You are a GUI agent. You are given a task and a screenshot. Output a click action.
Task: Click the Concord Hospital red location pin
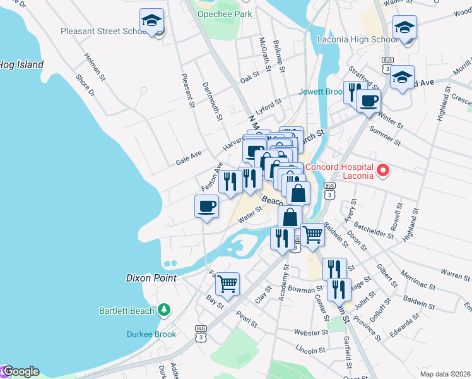tap(382, 171)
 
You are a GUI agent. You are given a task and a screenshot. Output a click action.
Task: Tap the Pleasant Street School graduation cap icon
tap(151, 21)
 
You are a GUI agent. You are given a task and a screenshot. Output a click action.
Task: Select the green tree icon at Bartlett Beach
tap(163, 310)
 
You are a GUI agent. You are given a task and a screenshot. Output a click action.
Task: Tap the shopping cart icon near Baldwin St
tap(312, 234)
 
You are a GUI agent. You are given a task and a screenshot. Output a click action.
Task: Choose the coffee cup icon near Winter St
tap(369, 99)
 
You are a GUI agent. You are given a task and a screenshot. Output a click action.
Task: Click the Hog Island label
tap(22, 64)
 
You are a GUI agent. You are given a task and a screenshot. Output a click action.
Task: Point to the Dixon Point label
tap(151, 277)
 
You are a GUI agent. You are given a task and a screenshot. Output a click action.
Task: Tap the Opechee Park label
tap(224, 14)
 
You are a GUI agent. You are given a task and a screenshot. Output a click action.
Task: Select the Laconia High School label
tap(357, 39)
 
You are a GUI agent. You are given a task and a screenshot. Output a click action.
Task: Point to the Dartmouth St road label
tap(213, 101)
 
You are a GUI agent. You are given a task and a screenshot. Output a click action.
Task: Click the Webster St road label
tap(309, 332)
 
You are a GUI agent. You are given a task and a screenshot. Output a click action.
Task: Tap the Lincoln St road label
tap(310, 349)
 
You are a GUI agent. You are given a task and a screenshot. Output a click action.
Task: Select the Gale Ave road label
tap(189, 158)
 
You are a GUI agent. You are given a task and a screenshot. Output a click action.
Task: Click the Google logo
tap(20, 371)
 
